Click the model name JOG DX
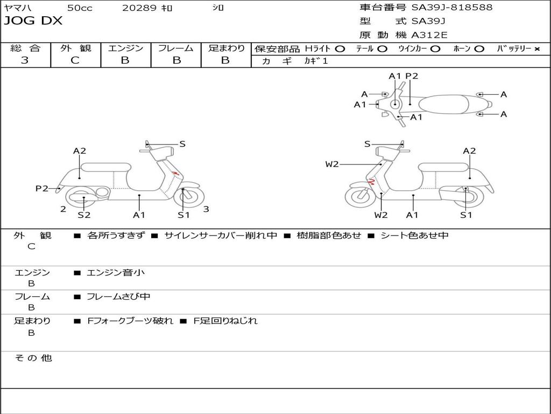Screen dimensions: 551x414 click(x=33, y=21)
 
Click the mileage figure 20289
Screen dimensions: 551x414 click(x=139, y=8)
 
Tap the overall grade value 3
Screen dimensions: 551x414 click(x=25, y=60)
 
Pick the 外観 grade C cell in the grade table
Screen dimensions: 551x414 click(x=75, y=60)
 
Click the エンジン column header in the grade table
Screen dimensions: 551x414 click(x=125, y=48)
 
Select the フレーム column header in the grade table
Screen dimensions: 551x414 click(x=175, y=48)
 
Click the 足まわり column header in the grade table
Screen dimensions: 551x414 click(x=226, y=48)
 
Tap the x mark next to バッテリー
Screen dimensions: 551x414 click(x=536, y=49)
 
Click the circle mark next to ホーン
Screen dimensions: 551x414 click(x=479, y=49)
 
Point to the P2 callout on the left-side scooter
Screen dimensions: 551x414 click(x=42, y=188)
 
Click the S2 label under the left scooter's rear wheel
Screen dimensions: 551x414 click(x=84, y=215)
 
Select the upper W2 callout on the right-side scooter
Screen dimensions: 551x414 click(x=332, y=164)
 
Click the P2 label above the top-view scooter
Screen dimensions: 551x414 click(x=412, y=76)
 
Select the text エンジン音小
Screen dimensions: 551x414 click(x=115, y=273)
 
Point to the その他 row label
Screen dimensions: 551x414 click(x=33, y=358)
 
